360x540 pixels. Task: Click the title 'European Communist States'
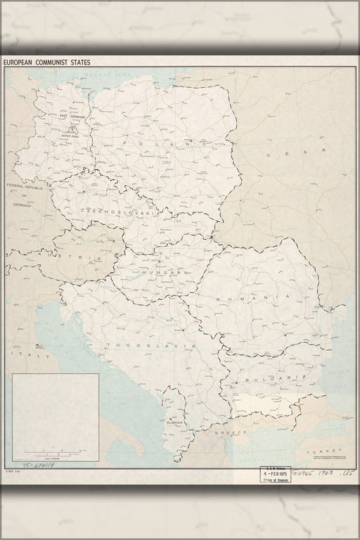pyautogui.click(x=46, y=62)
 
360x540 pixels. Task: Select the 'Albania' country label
pyautogui.click(x=175, y=423)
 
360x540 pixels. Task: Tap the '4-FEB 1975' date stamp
pyautogui.click(x=275, y=475)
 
